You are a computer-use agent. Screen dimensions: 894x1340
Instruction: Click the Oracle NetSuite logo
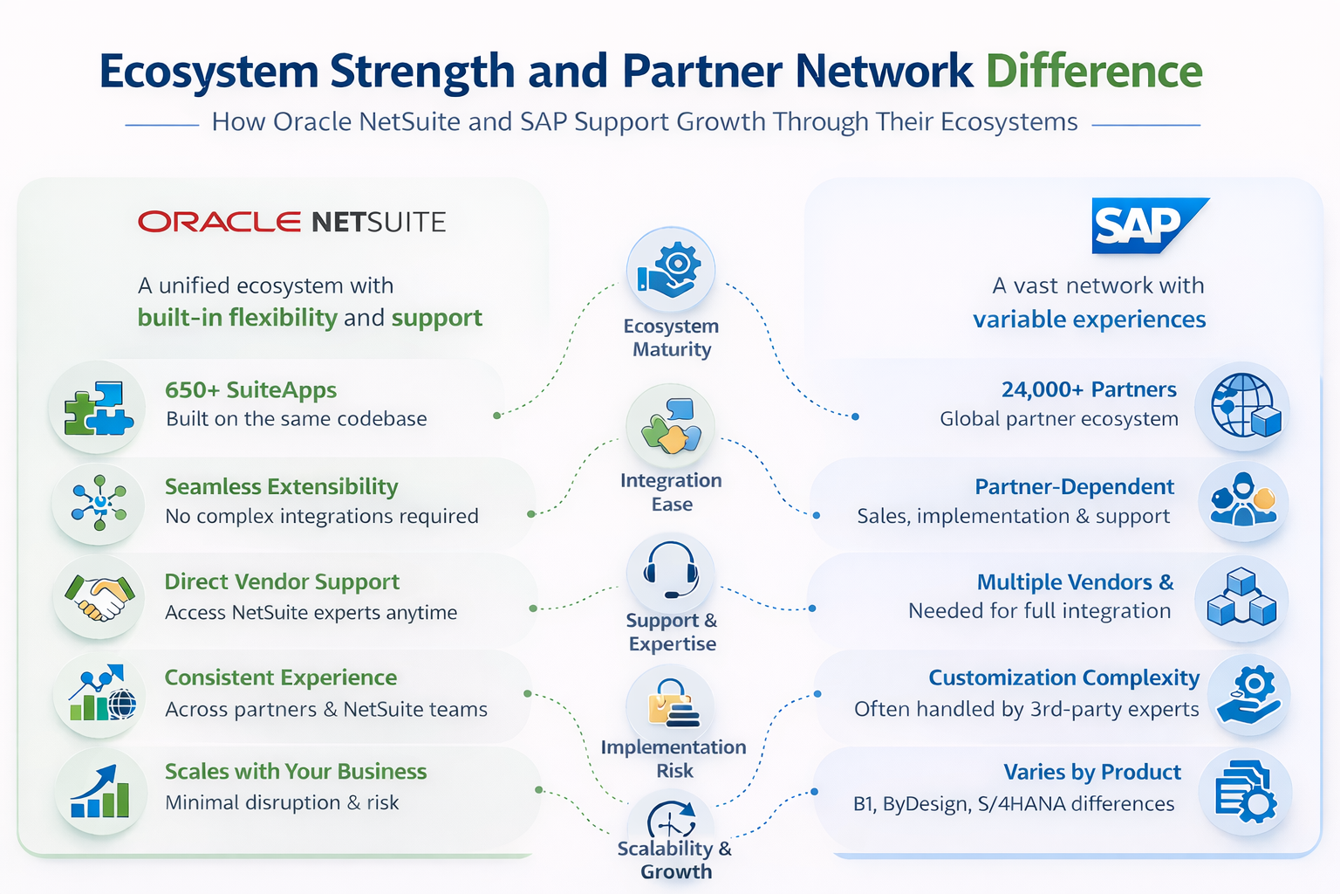[291, 222]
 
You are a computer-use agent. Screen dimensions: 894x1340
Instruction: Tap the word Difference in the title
[1094, 72]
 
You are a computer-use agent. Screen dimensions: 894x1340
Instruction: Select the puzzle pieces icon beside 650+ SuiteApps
[98, 407]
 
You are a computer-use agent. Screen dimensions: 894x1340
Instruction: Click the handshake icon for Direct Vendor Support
[99, 600]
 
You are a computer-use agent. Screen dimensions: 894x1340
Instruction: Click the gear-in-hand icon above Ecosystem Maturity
[670, 270]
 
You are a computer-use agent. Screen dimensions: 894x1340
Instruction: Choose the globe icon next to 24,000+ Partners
[1243, 406]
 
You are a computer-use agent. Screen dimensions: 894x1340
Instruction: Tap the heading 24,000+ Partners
[1088, 389]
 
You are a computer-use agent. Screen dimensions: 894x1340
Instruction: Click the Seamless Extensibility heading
[281, 486]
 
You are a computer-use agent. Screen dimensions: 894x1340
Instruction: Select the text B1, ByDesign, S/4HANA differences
[1013, 803]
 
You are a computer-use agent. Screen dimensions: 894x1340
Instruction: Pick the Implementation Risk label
[673, 759]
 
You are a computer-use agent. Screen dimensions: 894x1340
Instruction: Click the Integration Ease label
[671, 492]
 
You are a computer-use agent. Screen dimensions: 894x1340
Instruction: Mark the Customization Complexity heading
[1063, 677]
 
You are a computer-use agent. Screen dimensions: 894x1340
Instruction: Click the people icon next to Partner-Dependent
[1242, 501]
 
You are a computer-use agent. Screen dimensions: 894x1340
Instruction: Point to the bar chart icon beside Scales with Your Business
[99, 791]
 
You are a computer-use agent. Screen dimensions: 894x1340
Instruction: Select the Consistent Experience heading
[280, 677]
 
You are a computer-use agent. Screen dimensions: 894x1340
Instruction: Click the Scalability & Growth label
[674, 859]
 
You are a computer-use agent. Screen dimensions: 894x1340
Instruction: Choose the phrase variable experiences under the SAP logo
[1089, 320]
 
